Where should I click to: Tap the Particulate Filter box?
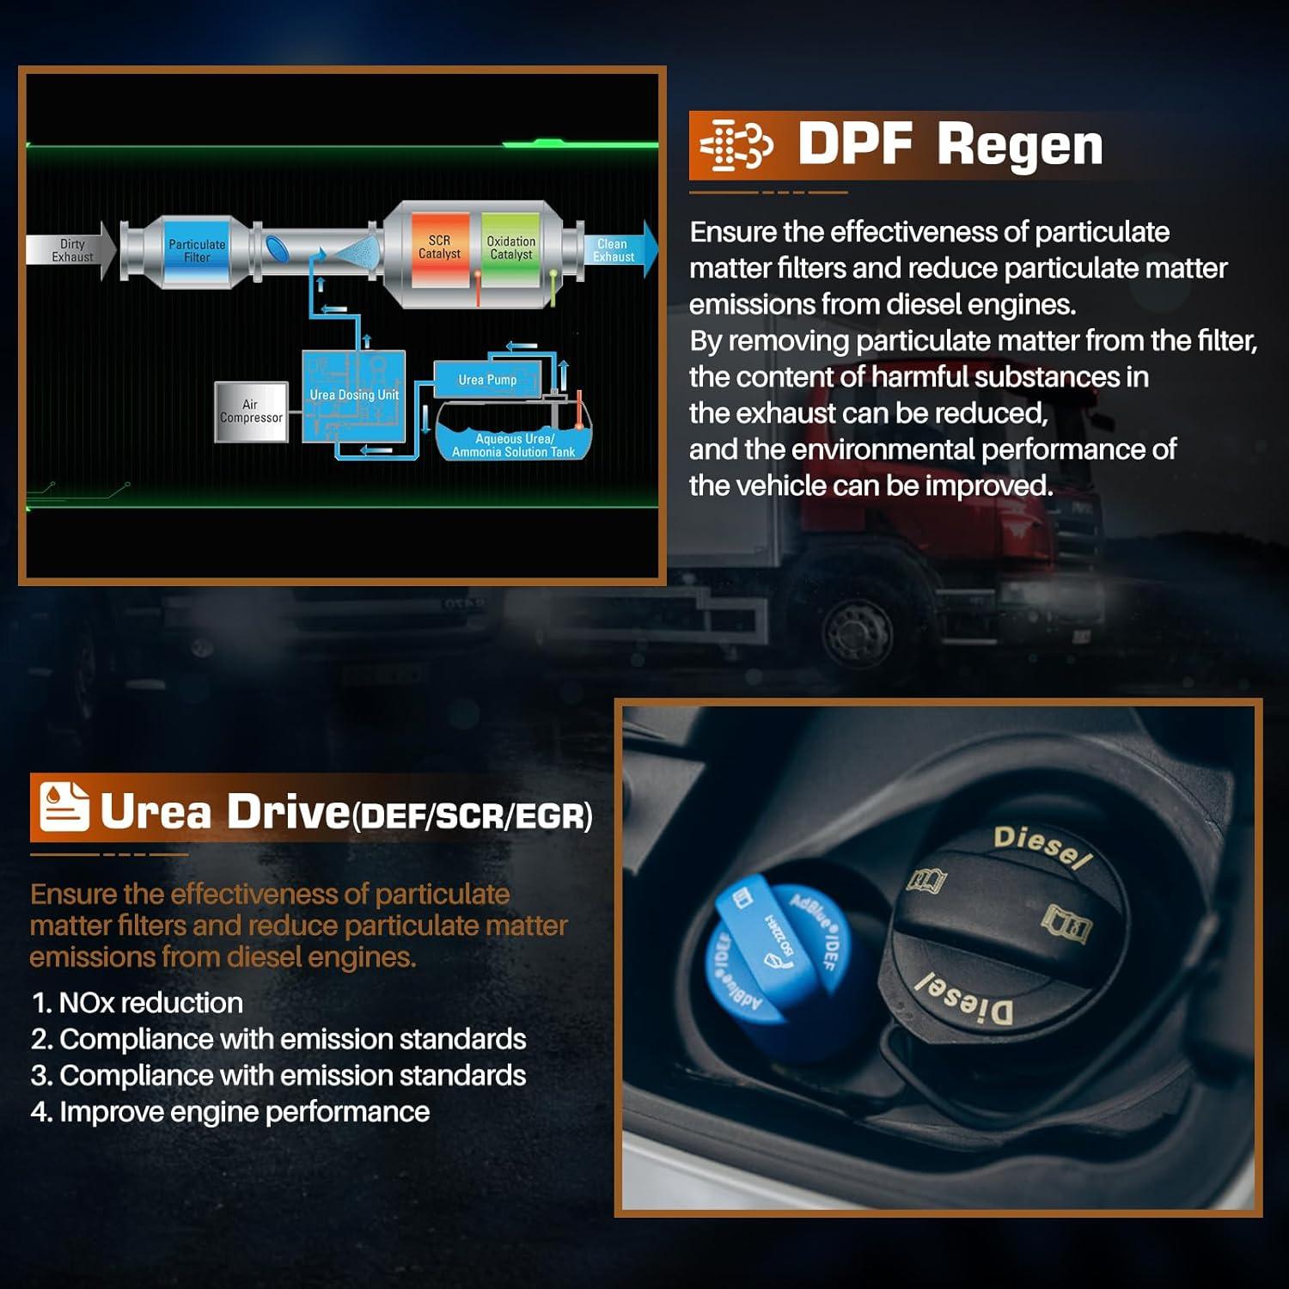tap(197, 251)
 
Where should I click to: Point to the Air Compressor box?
tap(251, 412)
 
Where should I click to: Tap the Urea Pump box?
tap(487, 380)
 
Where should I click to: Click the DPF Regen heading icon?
tap(736, 145)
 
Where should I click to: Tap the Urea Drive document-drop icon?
tap(64, 807)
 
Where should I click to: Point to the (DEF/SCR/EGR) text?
tap(472, 816)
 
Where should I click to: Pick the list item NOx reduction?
tap(137, 1003)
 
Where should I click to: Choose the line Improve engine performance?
tap(230, 1112)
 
